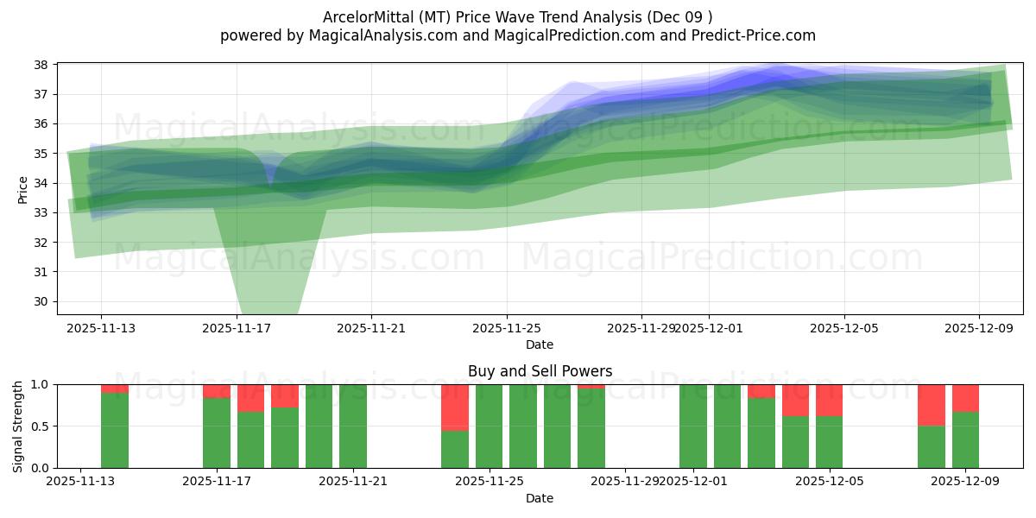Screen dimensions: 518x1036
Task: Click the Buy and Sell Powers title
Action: (x=540, y=371)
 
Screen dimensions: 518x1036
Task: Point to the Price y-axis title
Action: (x=23, y=189)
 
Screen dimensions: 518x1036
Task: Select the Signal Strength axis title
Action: (x=18, y=426)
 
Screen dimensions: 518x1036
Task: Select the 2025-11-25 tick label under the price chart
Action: (x=507, y=328)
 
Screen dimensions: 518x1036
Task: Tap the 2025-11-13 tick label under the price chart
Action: (x=101, y=328)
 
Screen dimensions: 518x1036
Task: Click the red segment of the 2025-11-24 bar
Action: (x=455, y=407)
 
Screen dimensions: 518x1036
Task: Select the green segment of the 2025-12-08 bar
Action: (x=932, y=446)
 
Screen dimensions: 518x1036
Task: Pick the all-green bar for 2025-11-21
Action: (x=353, y=426)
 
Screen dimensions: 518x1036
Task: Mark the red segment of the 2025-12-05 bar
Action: (x=829, y=401)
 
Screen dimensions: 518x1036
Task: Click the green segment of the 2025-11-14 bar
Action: (x=115, y=430)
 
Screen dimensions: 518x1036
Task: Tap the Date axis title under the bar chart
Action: (x=540, y=498)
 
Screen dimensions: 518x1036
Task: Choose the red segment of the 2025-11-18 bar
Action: (x=251, y=398)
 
